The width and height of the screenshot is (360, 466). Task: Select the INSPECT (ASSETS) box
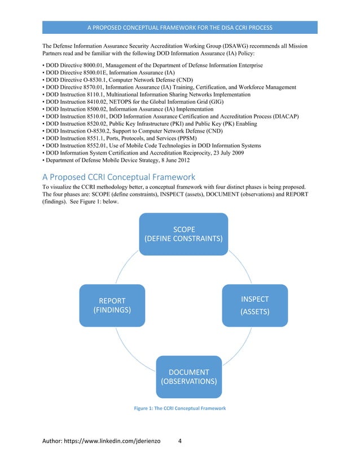click(x=254, y=305)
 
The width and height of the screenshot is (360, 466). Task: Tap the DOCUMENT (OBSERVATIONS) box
click(x=188, y=376)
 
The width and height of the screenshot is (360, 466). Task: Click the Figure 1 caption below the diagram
click(x=179, y=407)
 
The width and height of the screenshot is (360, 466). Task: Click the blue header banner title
click(x=179, y=28)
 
